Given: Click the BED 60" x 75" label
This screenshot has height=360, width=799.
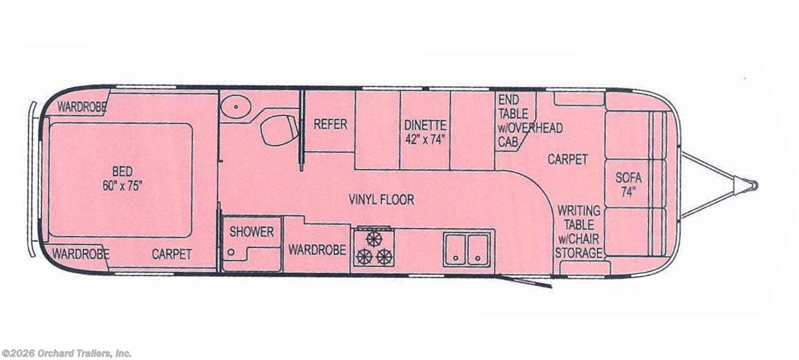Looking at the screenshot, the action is (x=123, y=179).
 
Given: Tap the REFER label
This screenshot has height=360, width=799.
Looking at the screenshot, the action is (x=330, y=125).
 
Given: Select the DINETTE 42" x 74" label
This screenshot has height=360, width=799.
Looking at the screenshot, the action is (x=425, y=132).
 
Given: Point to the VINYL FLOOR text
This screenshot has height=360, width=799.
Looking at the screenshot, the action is (x=381, y=199).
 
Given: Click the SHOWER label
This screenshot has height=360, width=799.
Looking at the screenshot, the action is (x=252, y=232).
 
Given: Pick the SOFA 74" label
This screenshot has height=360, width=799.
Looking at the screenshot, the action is (x=629, y=185).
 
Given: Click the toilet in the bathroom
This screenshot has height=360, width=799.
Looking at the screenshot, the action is (x=279, y=130).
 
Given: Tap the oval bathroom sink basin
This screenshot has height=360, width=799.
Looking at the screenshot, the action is (x=236, y=106).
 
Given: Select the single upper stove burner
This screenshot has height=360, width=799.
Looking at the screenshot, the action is (x=374, y=239).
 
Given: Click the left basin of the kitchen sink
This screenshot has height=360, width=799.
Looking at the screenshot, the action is (x=455, y=250).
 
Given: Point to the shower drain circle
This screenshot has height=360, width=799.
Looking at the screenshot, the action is (x=231, y=252).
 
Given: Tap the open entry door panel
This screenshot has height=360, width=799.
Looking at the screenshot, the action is (x=525, y=281).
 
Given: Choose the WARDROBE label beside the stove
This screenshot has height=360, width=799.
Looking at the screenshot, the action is (x=317, y=250).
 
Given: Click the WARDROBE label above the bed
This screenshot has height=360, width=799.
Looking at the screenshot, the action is (x=82, y=106).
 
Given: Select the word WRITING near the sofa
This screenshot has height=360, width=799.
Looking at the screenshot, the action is (x=578, y=211).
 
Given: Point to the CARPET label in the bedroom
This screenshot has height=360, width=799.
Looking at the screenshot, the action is (x=172, y=254).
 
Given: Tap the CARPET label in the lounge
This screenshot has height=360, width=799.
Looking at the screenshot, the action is (x=567, y=159).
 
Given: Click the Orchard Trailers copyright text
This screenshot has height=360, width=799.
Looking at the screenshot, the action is (x=66, y=354).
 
